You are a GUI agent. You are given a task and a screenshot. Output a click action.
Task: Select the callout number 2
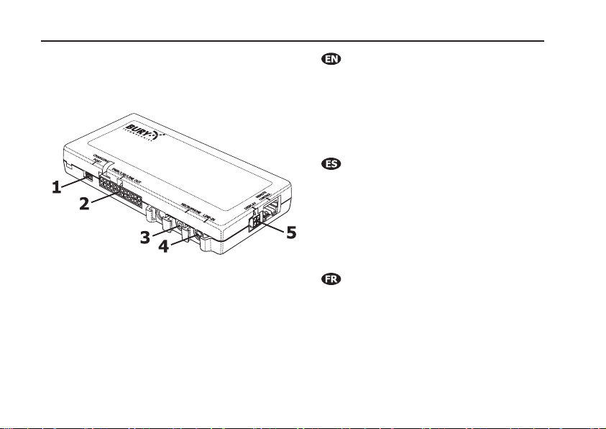[84, 203]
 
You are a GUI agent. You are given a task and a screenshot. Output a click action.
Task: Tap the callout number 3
[145, 237]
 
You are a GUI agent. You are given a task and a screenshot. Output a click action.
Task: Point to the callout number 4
[163, 247]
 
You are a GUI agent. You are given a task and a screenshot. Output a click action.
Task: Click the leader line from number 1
[73, 182]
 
